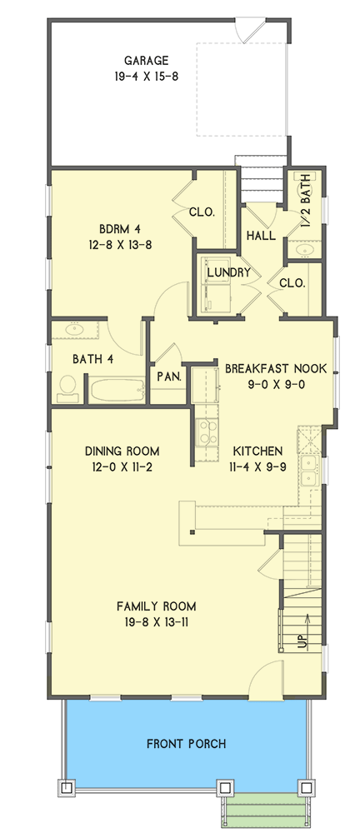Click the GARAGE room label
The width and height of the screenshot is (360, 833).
[x=147, y=60]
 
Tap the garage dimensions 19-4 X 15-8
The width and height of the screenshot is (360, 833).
[x=147, y=76]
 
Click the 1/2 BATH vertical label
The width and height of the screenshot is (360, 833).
[x=306, y=201]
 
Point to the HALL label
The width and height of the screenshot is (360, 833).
[x=261, y=237]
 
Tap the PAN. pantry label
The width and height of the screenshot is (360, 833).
[x=169, y=377]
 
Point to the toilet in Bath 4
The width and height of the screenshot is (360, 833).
[x=67, y=386]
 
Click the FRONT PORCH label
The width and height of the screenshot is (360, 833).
[x=185, y=744]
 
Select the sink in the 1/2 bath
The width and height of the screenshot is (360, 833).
[x=303, y=249]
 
